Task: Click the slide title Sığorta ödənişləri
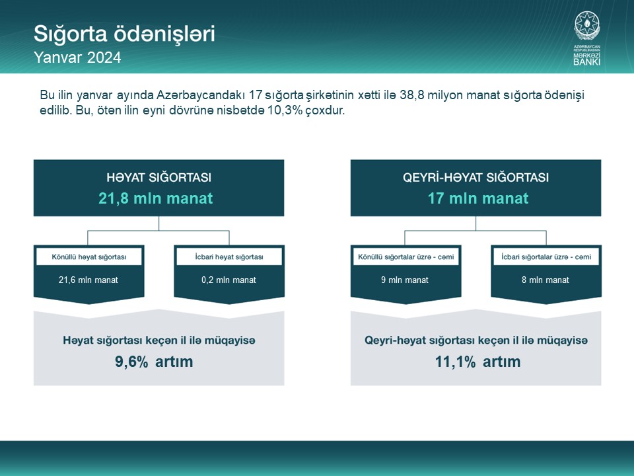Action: pos(124,34)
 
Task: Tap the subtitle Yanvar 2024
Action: pos(77,58)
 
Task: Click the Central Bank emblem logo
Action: pos(586,38)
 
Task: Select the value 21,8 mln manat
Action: pos(156,198)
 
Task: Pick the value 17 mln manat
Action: pos(478,198)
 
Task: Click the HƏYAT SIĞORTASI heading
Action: pos(159,177)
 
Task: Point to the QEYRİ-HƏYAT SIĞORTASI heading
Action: pos(476,177)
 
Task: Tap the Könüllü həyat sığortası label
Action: pos(89,257)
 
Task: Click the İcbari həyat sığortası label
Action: pos(229,257)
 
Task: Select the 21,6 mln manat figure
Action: pos(88,280)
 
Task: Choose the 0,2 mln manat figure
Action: pos(229,280)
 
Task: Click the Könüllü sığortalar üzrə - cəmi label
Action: pos(406,257)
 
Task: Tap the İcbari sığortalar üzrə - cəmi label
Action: pos(546,257)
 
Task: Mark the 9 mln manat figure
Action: pos(405,280)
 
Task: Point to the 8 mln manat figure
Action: pos(546,280)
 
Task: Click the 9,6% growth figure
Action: pos(131,362)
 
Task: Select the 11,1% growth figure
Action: pos(455,362)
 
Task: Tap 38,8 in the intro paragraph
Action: pos(412,95)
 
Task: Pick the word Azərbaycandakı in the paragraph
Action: pos(201,95)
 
